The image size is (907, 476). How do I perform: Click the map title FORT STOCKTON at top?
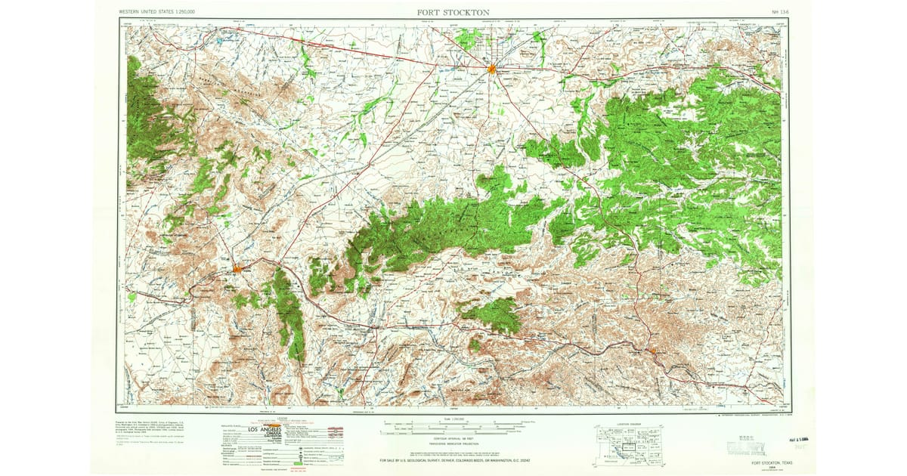click(x=453, y=13)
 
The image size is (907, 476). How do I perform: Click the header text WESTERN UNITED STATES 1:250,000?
click(x=157, y=13)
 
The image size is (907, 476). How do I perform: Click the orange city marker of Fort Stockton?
click(x=491, y=69)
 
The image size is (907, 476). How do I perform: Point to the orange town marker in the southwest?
click(x=237, y=267)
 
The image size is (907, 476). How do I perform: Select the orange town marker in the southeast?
click(x=652, y=351)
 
